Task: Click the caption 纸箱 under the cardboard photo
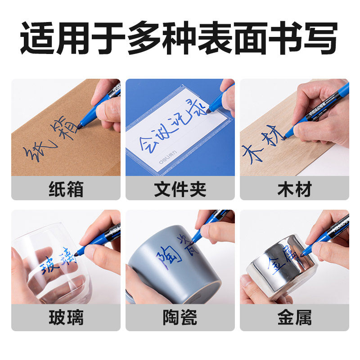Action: tap(66, 189)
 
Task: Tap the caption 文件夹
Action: tap(180, 189)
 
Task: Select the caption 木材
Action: tap(294, 189)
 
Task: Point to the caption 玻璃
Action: tap(66, 318)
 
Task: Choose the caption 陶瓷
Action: tap(180, 318)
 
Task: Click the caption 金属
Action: tap(294, 318)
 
